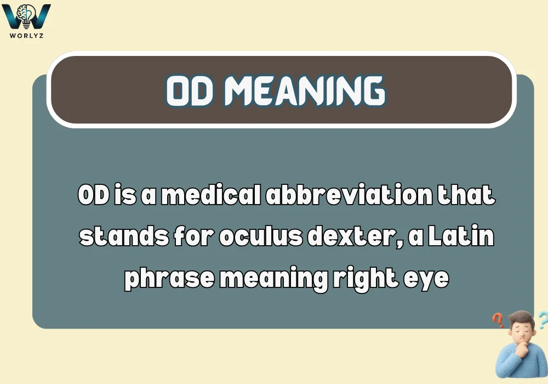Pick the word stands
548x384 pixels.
pyautogui.click(x=113, y=238)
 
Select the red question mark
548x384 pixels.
pyautogui.click(x=498, y=319)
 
